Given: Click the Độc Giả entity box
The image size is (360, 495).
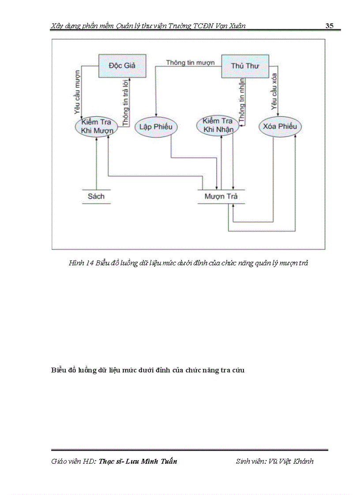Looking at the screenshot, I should (x=122, y=66).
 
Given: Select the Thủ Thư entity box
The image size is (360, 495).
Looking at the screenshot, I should (x=245, y=66).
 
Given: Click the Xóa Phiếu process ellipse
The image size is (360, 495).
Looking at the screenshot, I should (x=280, y=127).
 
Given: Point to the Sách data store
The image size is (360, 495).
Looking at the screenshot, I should (x=96, y=196).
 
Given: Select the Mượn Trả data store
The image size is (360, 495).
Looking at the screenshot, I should (x=221, y=196).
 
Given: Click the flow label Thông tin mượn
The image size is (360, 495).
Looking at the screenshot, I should (x=190, y=63).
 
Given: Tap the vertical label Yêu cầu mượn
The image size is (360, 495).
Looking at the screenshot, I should (x=78, y=91).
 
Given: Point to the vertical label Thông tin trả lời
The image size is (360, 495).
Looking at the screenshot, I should (x=126, y=101).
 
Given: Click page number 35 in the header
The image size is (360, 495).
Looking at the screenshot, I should (x=329, y=26).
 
